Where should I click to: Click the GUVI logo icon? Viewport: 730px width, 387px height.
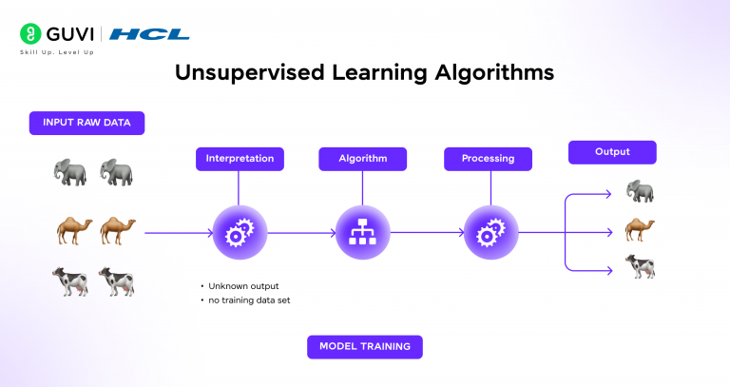[29, 34]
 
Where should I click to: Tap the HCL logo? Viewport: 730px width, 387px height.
[149, 34]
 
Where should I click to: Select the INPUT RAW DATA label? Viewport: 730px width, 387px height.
[86, 124]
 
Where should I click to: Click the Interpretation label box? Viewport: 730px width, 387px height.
[240, 159]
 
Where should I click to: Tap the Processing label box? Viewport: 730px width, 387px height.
[488, 159]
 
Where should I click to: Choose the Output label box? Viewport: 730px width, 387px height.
[612, 152]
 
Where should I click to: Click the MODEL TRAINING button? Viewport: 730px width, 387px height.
[365, 346]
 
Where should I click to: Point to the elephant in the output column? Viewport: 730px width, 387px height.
[641, 192]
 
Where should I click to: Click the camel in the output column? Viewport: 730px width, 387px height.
[641, 228]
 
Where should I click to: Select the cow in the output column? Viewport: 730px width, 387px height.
[641, 265]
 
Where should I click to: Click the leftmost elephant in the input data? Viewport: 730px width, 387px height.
[70, 172]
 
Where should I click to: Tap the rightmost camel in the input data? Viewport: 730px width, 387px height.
[119, 229]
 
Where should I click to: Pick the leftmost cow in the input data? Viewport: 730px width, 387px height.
[69, 281]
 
